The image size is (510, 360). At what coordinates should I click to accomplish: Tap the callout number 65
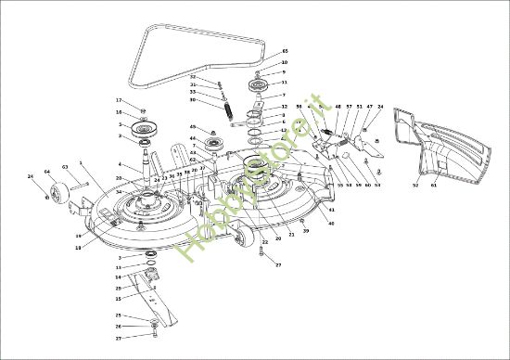[285, 51]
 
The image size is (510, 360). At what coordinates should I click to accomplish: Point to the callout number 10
[284, 62]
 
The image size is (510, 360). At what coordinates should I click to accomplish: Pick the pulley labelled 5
[145, 127]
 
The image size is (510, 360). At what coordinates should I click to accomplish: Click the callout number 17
[119, 100]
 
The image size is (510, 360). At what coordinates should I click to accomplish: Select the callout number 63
[65, 168]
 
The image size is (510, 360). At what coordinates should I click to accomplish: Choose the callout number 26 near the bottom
[118, 327]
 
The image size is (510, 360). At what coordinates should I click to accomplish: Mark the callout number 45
[193, 126]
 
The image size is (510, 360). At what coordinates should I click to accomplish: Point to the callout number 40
[331, 224]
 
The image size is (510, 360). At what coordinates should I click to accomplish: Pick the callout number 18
[78, 247]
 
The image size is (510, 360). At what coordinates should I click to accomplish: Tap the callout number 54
[377, 185]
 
